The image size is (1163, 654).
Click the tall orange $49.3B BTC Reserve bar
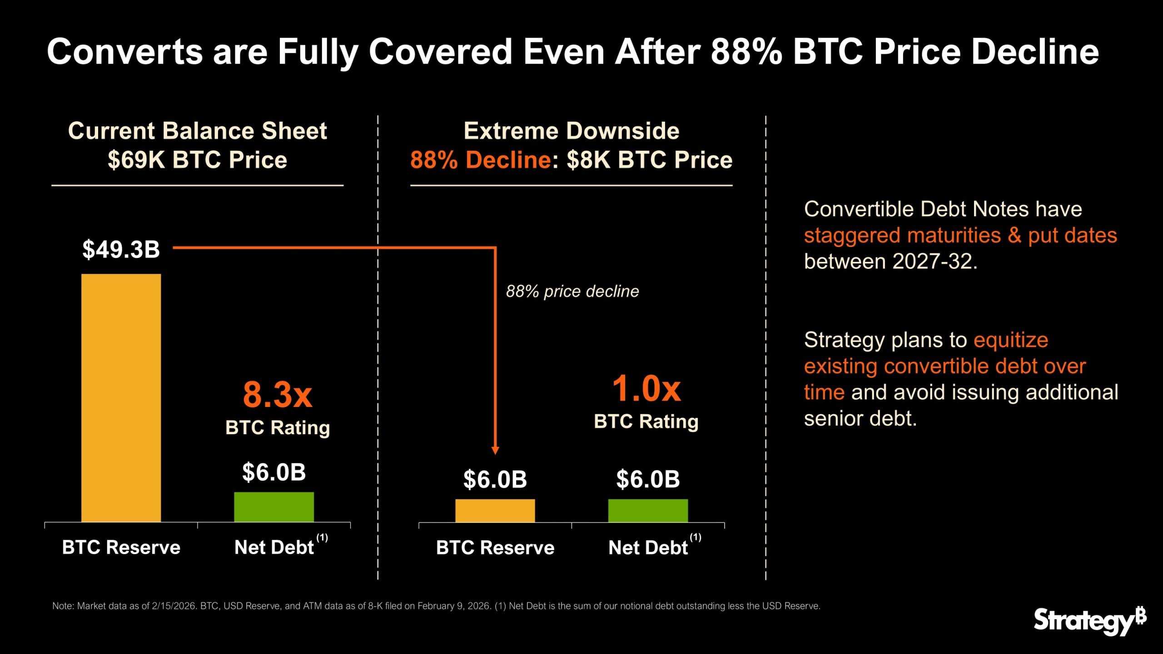pyautogui.click(x=121, y=397)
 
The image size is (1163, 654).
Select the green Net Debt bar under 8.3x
pyautogui.click(x=274, y=507)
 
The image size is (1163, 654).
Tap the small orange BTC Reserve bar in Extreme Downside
pyautogui.click(x=495, y=510)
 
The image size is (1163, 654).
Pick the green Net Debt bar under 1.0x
pyautogui.click(x=648, y=510)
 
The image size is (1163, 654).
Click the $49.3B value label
pyautogui.click(x=121, y=250)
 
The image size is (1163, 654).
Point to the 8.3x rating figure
pyautogui.click(x=278, y=395)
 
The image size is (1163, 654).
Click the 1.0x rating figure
pyautogui.click(x=646, y=390)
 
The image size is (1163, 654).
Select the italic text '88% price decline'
pyautogui.click(x=572, y=291)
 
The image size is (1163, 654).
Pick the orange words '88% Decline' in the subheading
pyautogui.click(x=481, y=160)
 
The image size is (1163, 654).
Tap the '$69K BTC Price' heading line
pyautogui.click(x=197, y=160)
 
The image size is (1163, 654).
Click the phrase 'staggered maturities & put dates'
pyautogui.click(x=960, y=235)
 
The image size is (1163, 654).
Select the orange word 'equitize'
pyautogui.click(x=1010, y=340)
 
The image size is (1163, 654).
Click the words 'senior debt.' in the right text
pyautogui.click(x=860, y=418)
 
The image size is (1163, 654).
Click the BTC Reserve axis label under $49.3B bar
pyautogui.click(x=121, y=547)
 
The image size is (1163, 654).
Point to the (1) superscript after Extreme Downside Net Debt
pyautogui.click(x=695, y=538)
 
